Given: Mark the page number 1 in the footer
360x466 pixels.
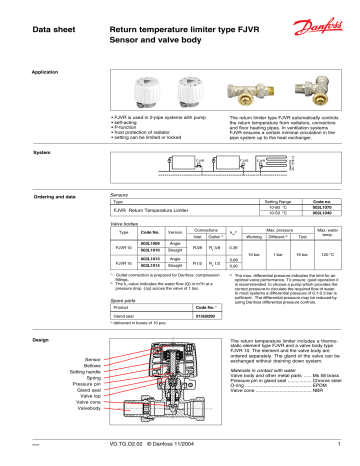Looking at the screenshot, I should pyautogui.click(x=340, y=444).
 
